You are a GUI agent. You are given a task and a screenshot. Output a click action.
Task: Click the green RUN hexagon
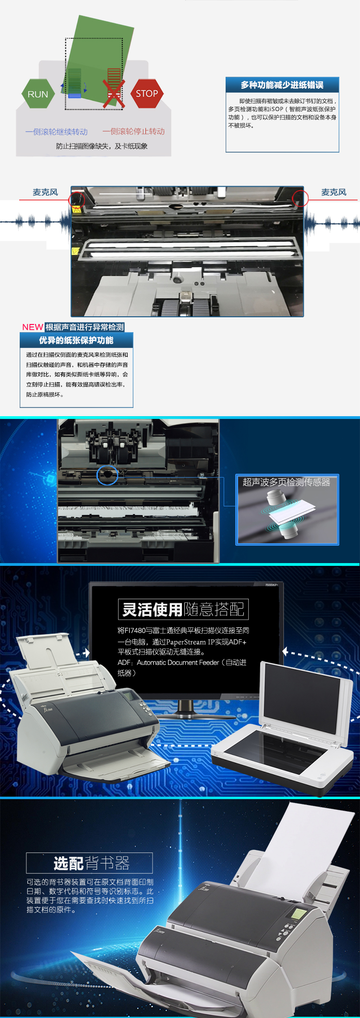click(x=38, y=94)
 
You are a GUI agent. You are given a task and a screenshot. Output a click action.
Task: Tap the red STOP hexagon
click(x=147, y=94)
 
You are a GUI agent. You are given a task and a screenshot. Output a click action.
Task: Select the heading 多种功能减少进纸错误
click(x=282, y=85)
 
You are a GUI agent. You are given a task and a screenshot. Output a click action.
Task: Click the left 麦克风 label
click(x=45, y=192)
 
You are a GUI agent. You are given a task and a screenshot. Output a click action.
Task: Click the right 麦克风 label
click(x=334, y=192)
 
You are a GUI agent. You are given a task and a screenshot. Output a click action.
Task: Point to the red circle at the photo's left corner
click(x=76, y=199)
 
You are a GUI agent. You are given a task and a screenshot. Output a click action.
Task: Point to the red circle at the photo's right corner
click(x=300, y=198)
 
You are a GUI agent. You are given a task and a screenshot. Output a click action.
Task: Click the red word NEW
click(x=33, y=327)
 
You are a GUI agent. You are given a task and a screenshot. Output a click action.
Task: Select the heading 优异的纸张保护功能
click(x=76, y=340)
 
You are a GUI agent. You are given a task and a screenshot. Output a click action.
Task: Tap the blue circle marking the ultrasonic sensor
click(x=107, y=475)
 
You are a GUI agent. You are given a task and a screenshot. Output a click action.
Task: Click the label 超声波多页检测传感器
click(x=286, y=482)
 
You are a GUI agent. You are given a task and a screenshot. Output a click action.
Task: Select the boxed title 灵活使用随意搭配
click(x=183, y=609)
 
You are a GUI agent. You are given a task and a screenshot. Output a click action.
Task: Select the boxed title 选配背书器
click(x=90, y=863)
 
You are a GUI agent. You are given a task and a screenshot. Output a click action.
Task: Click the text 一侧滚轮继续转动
click(x=57, y=132)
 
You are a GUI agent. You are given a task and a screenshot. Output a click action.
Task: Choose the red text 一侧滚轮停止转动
click(x=133, y=132)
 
